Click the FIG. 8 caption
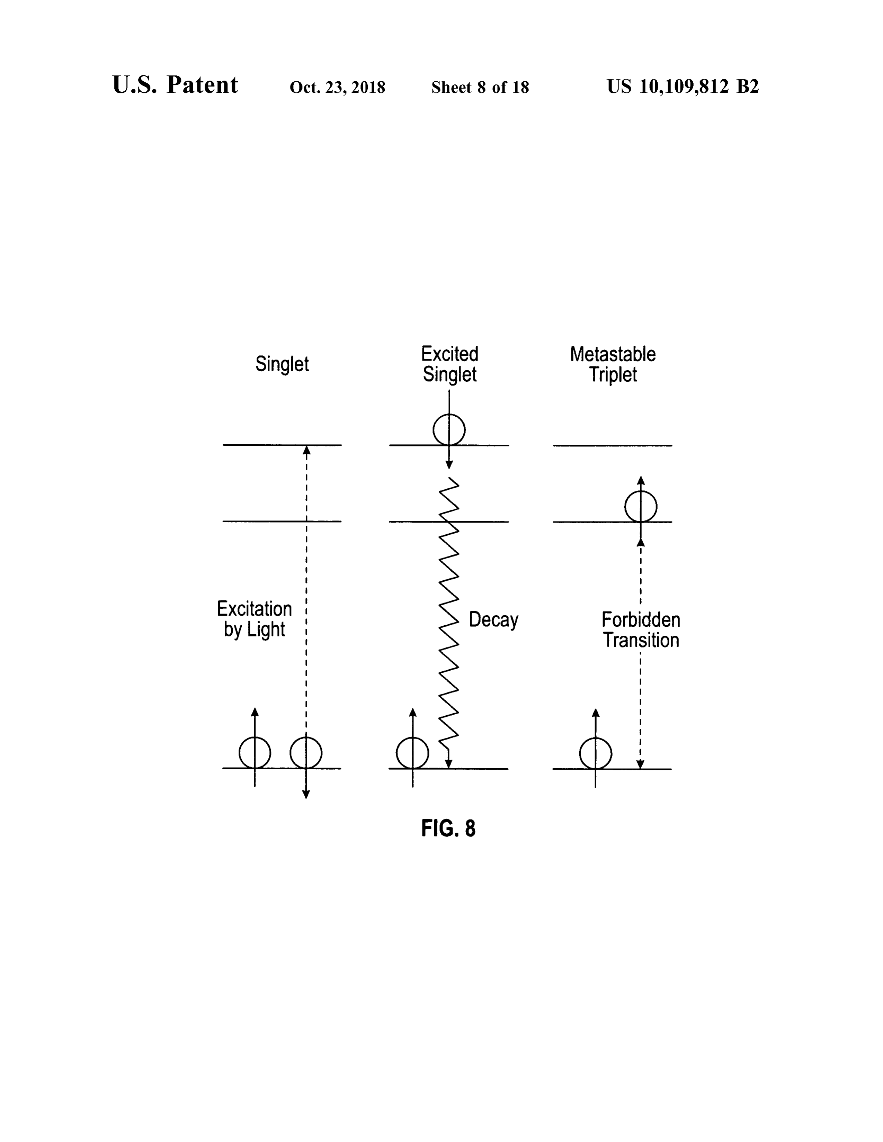[x=448, y=828]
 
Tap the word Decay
[x=493, y=620]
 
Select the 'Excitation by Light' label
[x=254, y=619]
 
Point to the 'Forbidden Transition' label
[x=641, y=630]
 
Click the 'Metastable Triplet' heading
[x=613, y=364]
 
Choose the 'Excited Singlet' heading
[x=449, y=364]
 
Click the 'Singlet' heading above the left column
[x=282, y=364]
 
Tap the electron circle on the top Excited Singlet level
[x=434, y=430]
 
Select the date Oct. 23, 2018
[x=337, y=87]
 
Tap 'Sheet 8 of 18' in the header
[x=480, y=87]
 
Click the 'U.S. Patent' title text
[x=175, y=85]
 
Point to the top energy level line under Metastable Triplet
[x=613, y=445]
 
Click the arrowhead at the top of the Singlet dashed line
[x=306, y=450]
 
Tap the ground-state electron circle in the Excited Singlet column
[x=398, y=753]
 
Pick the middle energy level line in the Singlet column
[x=282, y=521]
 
